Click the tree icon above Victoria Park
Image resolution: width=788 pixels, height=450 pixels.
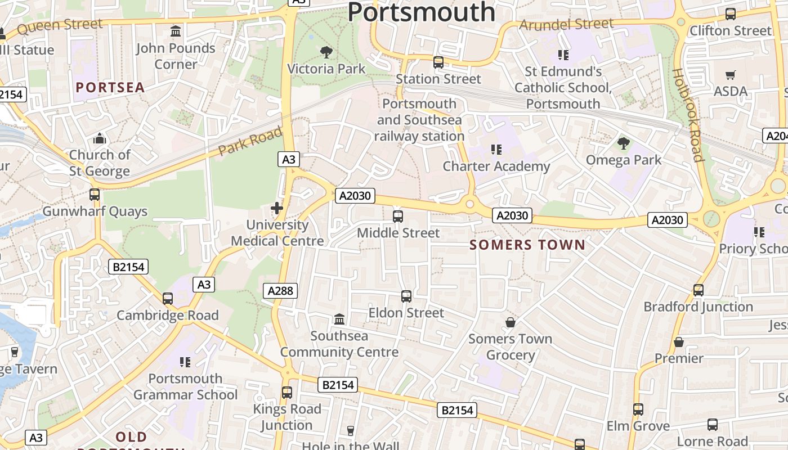326,53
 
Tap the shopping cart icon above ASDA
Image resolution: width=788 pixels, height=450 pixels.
731,75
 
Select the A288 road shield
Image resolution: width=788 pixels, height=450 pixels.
280,291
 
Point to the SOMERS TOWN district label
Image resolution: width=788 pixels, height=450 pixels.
527,245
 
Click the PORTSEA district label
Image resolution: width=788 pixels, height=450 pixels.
110,87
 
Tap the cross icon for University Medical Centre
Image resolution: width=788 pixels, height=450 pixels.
277,208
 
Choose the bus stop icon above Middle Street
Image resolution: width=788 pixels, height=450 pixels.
398,216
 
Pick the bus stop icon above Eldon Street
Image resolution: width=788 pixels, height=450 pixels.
406,296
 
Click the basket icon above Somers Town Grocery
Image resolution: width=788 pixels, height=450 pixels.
511,322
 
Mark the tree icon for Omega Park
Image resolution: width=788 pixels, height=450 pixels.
623,143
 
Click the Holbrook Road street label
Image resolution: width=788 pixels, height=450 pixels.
688,115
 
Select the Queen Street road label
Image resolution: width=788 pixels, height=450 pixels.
60,25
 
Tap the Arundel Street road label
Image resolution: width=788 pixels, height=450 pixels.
566,24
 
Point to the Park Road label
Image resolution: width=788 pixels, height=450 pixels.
250,141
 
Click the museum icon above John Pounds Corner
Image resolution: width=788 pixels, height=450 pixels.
176,31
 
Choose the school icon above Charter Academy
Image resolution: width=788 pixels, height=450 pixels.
496,150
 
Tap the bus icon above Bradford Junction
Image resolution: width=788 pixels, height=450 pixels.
699,290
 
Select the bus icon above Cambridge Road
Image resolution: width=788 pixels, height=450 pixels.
167,299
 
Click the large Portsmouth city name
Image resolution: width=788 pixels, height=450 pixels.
421,12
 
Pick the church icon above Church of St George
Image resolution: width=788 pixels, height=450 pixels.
100,138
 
